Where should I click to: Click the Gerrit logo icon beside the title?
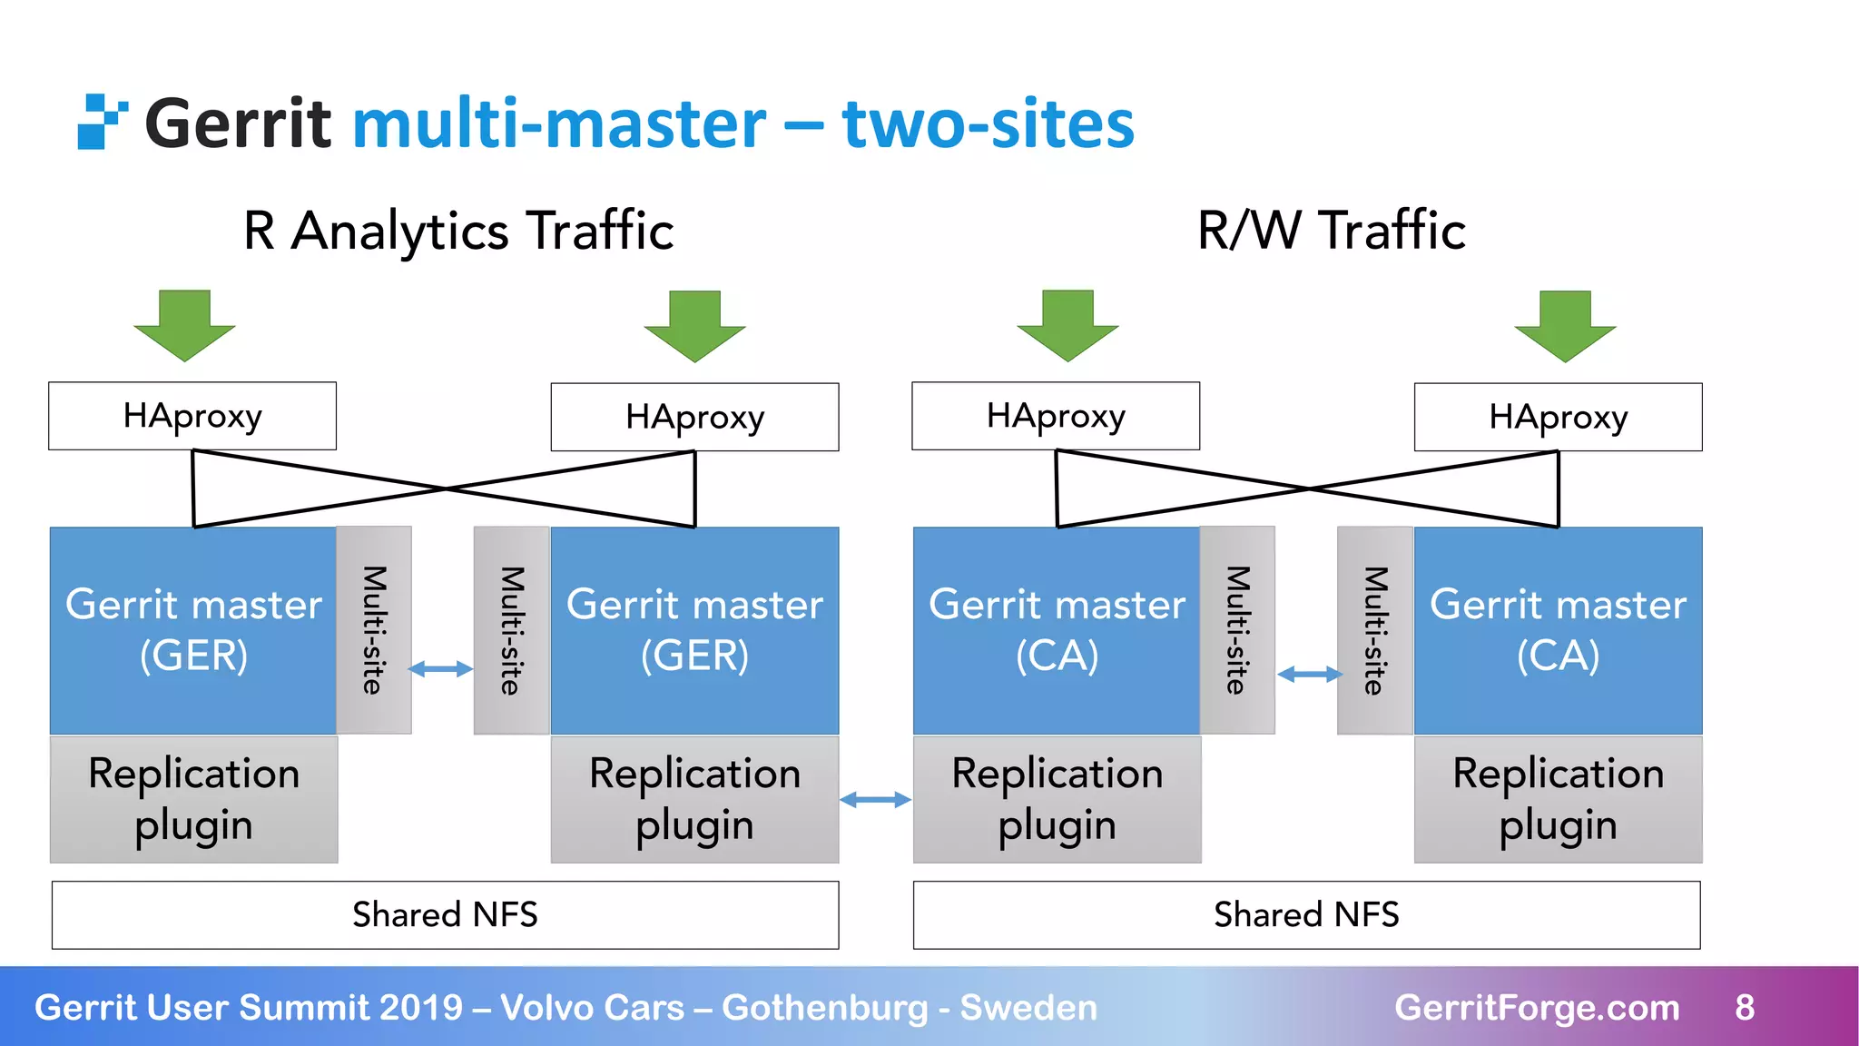coord(101,122)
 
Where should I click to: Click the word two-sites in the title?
coord(988,124)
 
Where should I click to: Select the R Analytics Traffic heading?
coord(458,231)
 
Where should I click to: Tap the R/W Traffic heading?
coord(1331,231)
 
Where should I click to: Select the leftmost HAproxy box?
coord(192,416)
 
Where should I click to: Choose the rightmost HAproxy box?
coord(1558,417)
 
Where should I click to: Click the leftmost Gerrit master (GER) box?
coord(193,630)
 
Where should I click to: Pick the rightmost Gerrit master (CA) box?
coord(1558,630)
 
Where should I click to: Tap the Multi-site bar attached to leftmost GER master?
coord(374,630)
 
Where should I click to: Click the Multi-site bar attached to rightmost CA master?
coord(1374,630)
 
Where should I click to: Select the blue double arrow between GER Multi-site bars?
coord(441,669)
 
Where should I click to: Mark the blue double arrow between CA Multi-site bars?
coord(1309,674)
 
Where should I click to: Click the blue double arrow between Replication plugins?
coord(875,799)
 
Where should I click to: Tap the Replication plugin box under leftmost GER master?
coord(193,799)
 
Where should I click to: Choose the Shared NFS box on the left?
coord(445,914)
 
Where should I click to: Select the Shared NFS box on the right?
coord(1306,914)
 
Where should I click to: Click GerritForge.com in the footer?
coord(1536,1007)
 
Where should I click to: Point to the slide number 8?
coord(1744,1007)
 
